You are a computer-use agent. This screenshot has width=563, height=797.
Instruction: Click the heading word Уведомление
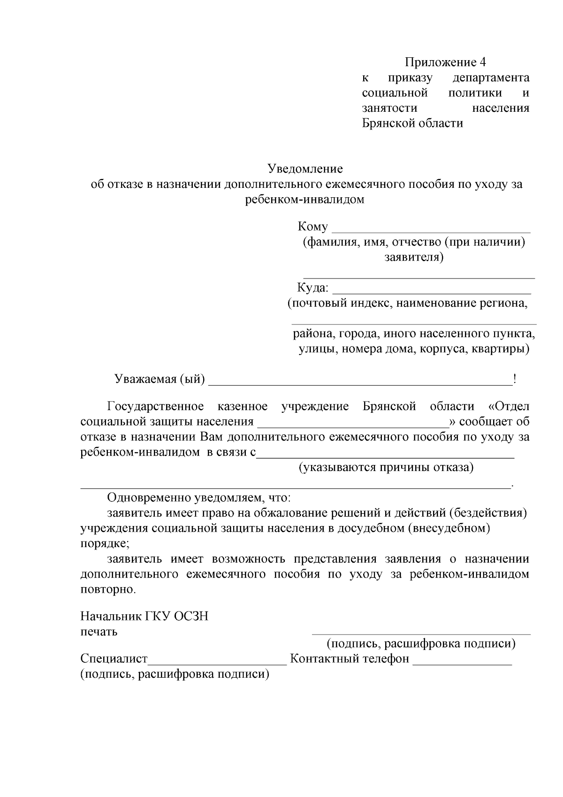(305, 169)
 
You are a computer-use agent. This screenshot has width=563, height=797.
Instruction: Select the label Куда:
(312, 287)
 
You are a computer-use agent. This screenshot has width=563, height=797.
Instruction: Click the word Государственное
(155, 406)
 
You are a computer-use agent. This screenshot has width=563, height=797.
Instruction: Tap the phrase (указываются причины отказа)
(386, 468)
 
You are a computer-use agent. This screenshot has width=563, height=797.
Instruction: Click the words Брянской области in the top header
(412, 124)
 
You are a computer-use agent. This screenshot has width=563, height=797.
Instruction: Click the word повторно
(108, 589)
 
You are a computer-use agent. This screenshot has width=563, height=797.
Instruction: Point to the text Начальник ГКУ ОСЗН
(144, 616)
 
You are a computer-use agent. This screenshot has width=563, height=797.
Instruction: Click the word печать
(99, 632)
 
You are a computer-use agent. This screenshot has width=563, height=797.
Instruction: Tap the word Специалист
(114, 658)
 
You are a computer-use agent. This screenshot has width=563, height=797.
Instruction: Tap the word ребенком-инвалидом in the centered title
(304, 200)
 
